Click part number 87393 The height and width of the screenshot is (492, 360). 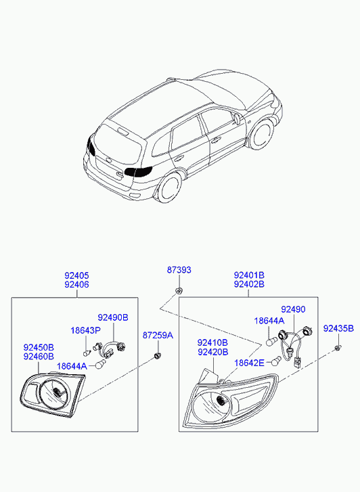pos(179,270)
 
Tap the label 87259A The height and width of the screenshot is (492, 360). pos(158,335)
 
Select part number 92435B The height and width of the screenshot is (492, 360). pos(338,328)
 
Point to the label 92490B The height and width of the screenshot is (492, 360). pos(113,317)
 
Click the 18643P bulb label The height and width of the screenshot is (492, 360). pos(85,330)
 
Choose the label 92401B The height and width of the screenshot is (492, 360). pos(249,275)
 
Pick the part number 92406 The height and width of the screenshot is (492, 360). pos(76,284)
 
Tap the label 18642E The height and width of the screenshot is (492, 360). pos(249,363)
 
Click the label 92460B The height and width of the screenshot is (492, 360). pos(39,356)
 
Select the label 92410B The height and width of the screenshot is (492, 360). pos(212,342)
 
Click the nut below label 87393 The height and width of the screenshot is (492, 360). pos(178,290)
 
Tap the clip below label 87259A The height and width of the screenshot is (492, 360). pos(157,355)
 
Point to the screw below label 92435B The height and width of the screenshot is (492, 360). pos(338,347)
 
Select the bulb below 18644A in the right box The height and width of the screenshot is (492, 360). pos(271,341)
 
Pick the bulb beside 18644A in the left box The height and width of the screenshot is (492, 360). pos(100,364)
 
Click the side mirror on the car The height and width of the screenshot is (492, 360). pos(237,119)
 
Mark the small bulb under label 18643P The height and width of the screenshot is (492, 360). pos(86,353)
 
